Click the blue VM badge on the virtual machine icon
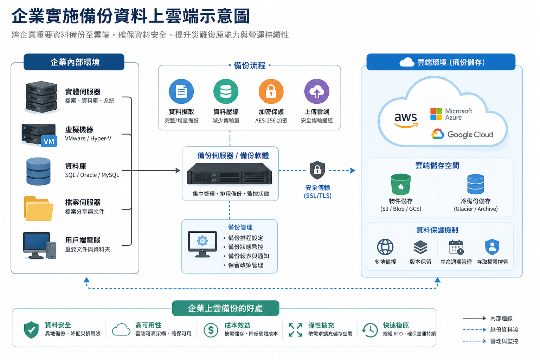pos(49,141)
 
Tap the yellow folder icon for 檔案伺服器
pos(39,209)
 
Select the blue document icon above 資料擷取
pos(181,91)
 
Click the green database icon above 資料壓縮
pos(226,91)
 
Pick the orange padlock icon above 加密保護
pos(271,91)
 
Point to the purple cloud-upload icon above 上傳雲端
pos(317,91)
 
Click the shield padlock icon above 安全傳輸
pos(317,170)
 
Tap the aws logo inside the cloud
pos(406,119)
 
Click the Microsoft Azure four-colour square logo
pos(436,114)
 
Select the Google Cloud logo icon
pos(438,134)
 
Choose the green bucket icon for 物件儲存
pos(401,184)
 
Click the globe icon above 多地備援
pos(385,247)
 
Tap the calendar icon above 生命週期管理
pos(456,247)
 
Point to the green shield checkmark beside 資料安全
pos(31,330)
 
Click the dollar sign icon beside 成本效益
pos(211,330)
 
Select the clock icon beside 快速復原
pos(370,330)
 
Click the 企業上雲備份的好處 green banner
pos(225,308)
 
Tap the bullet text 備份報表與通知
pos(248,256)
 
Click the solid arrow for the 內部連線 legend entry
pos(474,318)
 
